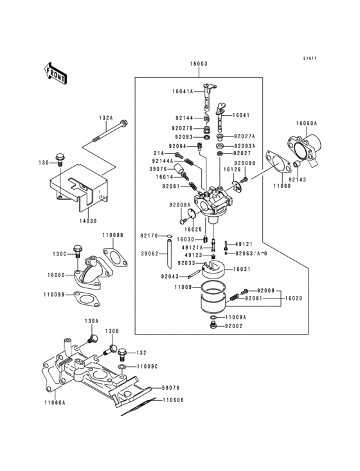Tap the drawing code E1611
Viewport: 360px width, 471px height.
pos(311,59)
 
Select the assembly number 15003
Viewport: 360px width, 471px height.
pos(198,65)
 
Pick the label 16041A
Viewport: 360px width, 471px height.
pos(183,92)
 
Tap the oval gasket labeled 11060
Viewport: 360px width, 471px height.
pos(278,165)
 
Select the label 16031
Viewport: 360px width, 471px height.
pos(240,270)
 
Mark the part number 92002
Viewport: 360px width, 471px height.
pos(233,327)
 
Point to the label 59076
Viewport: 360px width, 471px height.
pos(170,388)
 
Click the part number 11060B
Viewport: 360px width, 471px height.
pos(173,400)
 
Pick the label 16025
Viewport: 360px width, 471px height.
pos(194,228)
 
